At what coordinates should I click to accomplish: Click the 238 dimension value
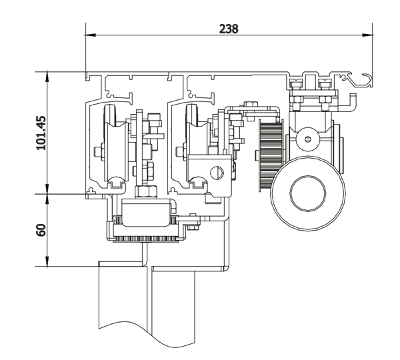[228, 29]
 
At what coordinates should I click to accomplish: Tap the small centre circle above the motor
[307, 139]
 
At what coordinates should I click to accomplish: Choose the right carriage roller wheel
[195, 145]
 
